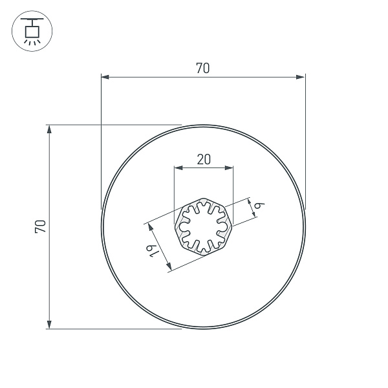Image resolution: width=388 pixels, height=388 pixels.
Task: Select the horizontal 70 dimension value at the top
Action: (x=202, y=68)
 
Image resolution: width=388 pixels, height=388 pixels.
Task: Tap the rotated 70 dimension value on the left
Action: (x=40, y=226)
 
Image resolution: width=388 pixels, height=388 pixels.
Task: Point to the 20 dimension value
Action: (x=203, y=159)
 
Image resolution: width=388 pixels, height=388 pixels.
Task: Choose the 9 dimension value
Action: (x=259, y=206)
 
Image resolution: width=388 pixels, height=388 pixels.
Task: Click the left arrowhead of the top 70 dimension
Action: (x=105, y=77)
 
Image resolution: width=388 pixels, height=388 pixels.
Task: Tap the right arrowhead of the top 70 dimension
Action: (x=301, y=77)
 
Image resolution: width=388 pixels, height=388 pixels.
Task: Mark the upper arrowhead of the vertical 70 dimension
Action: (x=49, y=129)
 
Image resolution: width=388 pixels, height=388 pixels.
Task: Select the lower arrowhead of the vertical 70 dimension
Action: (x=49, y=324)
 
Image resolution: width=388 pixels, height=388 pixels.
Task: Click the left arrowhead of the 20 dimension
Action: (x=178, y=167)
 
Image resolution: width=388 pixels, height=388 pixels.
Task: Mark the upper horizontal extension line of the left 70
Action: (x=116, y=124)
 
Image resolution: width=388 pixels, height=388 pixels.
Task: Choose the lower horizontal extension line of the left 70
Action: (x=116, y=329)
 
